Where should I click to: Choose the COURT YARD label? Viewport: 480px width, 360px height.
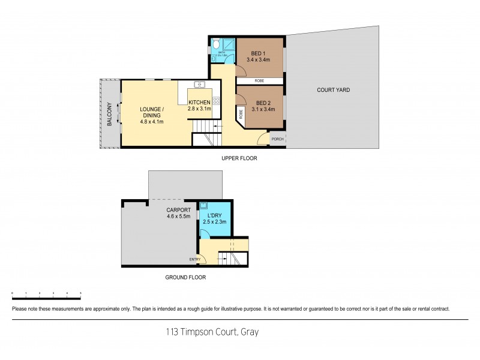tap(333, 90)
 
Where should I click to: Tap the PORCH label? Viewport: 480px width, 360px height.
tap(277, 139)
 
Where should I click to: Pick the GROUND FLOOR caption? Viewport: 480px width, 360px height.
tap(185, 278)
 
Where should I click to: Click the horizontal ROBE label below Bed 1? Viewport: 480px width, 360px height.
tap(259, 80)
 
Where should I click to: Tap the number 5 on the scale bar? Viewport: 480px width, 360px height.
tap(80, 293)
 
